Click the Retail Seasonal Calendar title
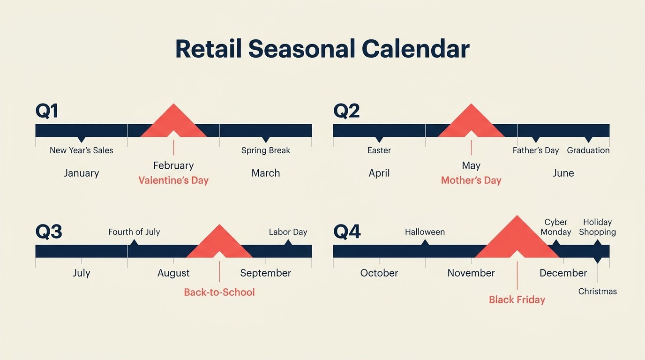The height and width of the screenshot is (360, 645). click(322, 49)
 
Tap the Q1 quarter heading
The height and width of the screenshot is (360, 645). click(47, 111)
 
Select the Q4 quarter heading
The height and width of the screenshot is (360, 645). click(347, 232)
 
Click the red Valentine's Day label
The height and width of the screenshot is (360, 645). click(173, 180)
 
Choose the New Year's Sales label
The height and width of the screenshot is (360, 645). click(82, 150)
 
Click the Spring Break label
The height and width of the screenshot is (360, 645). click(265, 150)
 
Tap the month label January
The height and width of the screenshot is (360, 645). click(82, 173)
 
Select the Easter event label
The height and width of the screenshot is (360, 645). click(379, 150)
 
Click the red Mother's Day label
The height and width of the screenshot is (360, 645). click(471, 180)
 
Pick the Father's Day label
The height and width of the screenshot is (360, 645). click(536, 150)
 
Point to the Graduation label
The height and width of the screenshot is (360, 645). click(588, 150)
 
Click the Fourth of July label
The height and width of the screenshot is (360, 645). click(134, 232)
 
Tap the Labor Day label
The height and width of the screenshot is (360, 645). click(288, 232)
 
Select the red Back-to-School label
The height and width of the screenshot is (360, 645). click(219, 292)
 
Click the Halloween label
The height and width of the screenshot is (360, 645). click(425, 232)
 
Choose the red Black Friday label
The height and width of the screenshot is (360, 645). click(517, 300)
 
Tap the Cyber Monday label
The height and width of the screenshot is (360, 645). click(556, 227)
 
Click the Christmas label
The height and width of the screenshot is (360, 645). click(597, 292)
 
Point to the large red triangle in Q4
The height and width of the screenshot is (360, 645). click(517, 240)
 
